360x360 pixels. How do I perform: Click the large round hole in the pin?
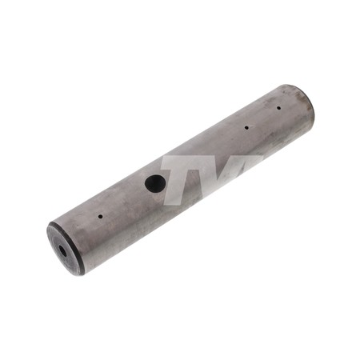coord(155,183)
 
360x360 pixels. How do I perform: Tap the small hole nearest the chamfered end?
coord(100,216)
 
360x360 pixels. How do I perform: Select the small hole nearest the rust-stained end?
coord(278,108)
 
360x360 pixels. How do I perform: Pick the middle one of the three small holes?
coord(246,128)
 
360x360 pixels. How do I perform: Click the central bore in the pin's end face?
coord(63,251)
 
